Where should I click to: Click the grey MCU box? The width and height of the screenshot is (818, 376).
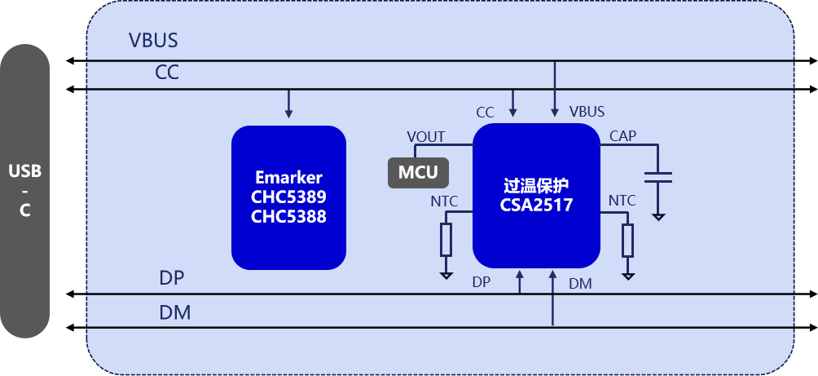418,172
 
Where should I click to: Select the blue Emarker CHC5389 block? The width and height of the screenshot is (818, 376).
288,197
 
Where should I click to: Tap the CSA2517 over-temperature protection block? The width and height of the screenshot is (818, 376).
536,196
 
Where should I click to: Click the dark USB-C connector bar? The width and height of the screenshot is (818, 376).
25,191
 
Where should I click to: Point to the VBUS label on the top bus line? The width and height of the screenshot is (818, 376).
153,41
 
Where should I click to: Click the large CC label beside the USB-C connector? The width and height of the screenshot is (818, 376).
167,73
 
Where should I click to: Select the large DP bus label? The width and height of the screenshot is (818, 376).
172,278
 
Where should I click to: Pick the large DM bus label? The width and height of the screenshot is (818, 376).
174,312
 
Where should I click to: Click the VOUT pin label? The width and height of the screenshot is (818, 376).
426,137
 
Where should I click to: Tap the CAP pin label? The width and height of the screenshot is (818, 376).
623,136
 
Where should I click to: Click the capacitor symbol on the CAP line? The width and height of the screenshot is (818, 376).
657,177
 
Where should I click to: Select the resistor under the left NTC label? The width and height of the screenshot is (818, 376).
446,240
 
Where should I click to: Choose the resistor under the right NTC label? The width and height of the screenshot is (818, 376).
627,240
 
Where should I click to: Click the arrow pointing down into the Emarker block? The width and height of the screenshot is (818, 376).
288,104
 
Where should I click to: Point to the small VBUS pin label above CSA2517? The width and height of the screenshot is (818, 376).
587,111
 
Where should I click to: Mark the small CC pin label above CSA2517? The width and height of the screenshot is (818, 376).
485,111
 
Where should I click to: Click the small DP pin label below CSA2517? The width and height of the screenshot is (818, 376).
482,282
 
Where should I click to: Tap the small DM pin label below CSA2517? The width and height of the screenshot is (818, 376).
580,283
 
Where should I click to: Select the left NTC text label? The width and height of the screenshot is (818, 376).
444,201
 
